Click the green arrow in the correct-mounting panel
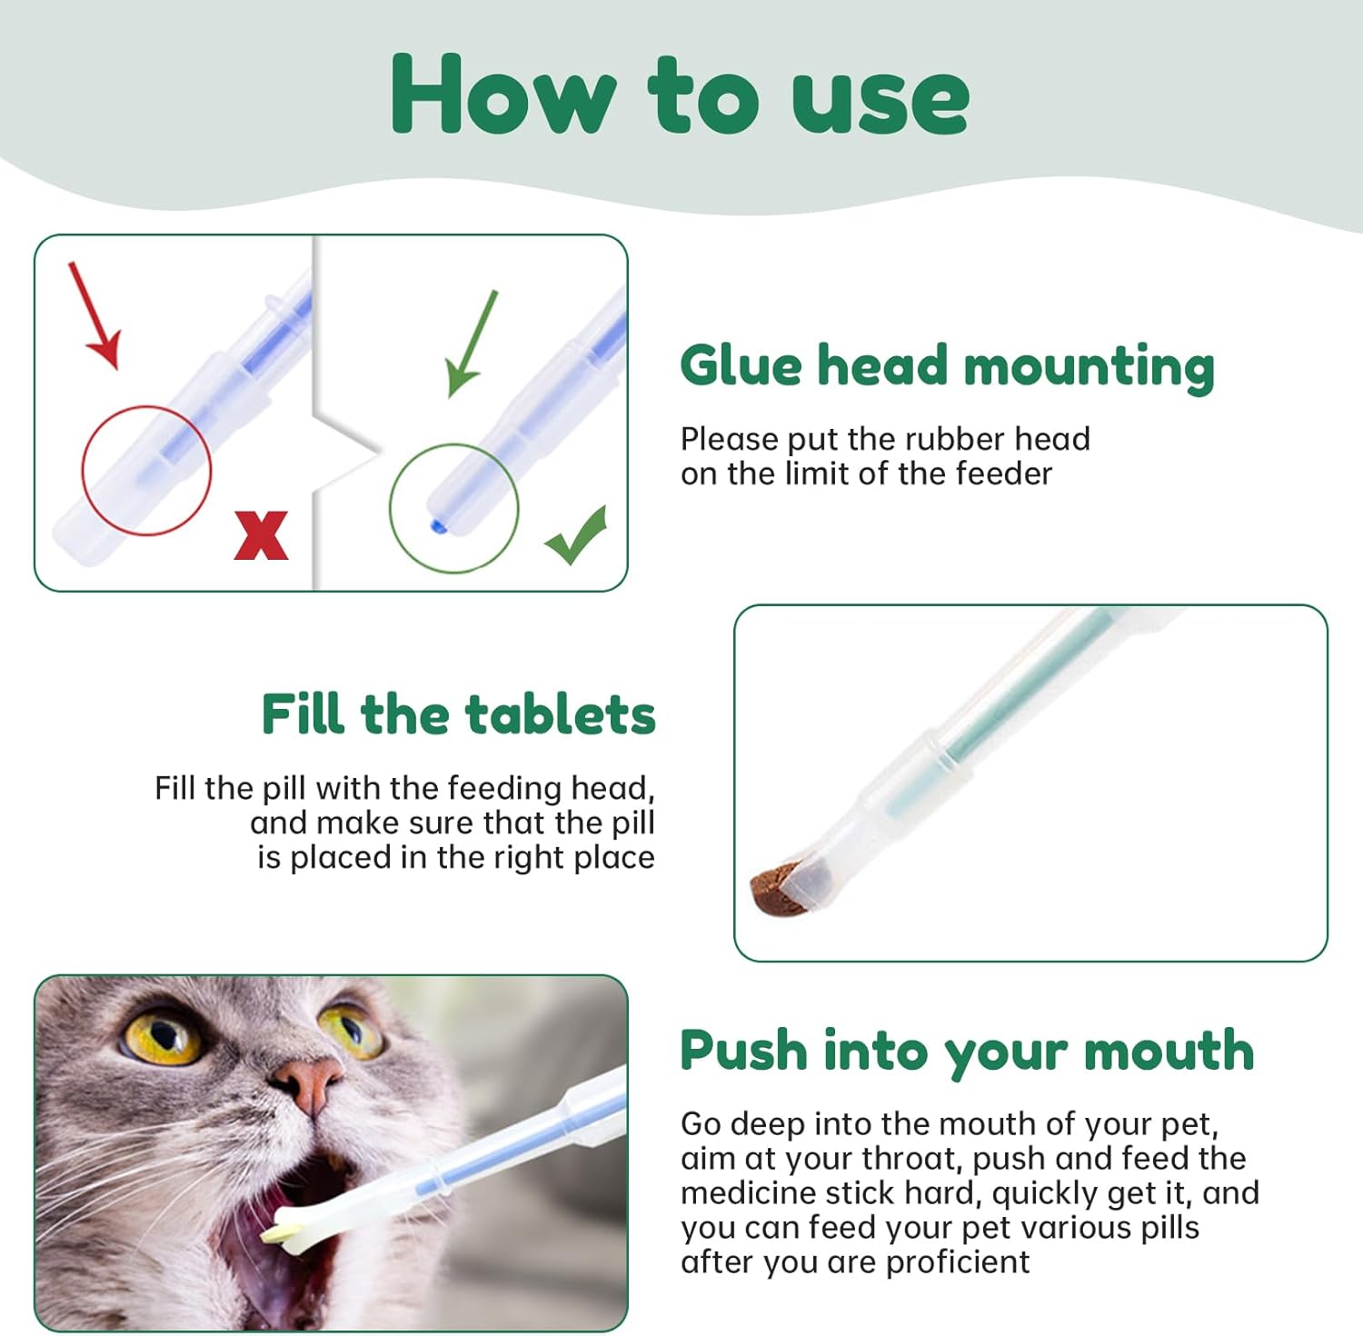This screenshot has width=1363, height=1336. [x=472, y=344]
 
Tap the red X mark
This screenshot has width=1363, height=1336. [x=261, y=535]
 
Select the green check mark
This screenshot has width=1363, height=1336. [x=577, y=535]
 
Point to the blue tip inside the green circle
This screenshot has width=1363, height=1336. [x=436, y=525]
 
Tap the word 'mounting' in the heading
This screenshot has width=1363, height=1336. [x=1089, y=368]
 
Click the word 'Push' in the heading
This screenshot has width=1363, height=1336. [x=743, y=1050]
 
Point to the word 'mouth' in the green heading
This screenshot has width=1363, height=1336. [x=1169, y=1051]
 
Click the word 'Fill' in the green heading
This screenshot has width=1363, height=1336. [x=303, y=713]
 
